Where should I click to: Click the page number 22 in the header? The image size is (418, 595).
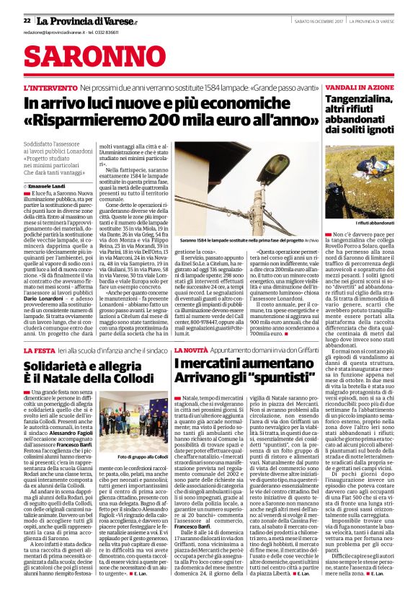click(27, 20)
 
